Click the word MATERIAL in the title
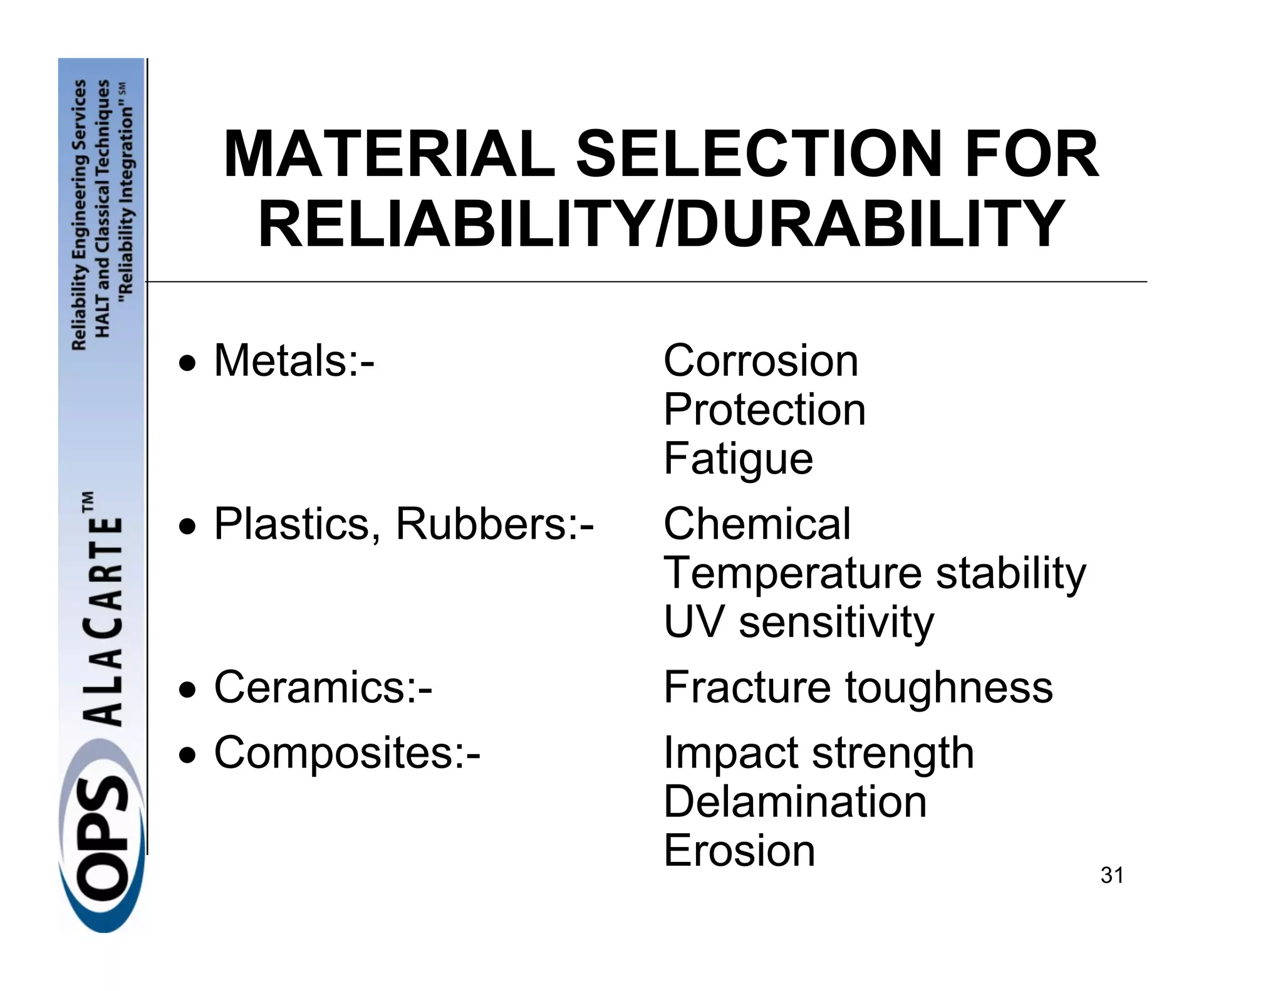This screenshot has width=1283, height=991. pyautogui.click(x=388, y=154)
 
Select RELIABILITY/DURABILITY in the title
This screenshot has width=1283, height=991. pyautogui.click(x=660, y=224)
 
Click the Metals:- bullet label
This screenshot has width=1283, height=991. pyautogui.click(x=294, y=361)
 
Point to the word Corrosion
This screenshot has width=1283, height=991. pyautogui.click(x=761, y=361)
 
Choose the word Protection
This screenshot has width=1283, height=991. pyautogui.click(x=764, y=410)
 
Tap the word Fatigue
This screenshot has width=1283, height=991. pyautogui.click(x=738, y=459)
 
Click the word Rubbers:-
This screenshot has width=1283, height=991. pyautogui.click(x=494, y=524)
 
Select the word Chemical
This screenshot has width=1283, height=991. pyautogui.click(x=757, y=524)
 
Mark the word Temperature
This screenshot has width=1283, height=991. pyautogui.click(x=792, y=573)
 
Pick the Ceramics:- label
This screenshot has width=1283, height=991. pyautogui.click(x=323, y=687)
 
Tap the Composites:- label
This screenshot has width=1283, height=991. pyautogui.click(x=347, y=752)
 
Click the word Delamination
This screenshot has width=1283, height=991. pyautogui.click(x=794, y=802)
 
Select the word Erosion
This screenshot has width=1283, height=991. pyautogui.click(x=739, y=851)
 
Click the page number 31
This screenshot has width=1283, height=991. pyautogui.click(x=1111, y=875)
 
